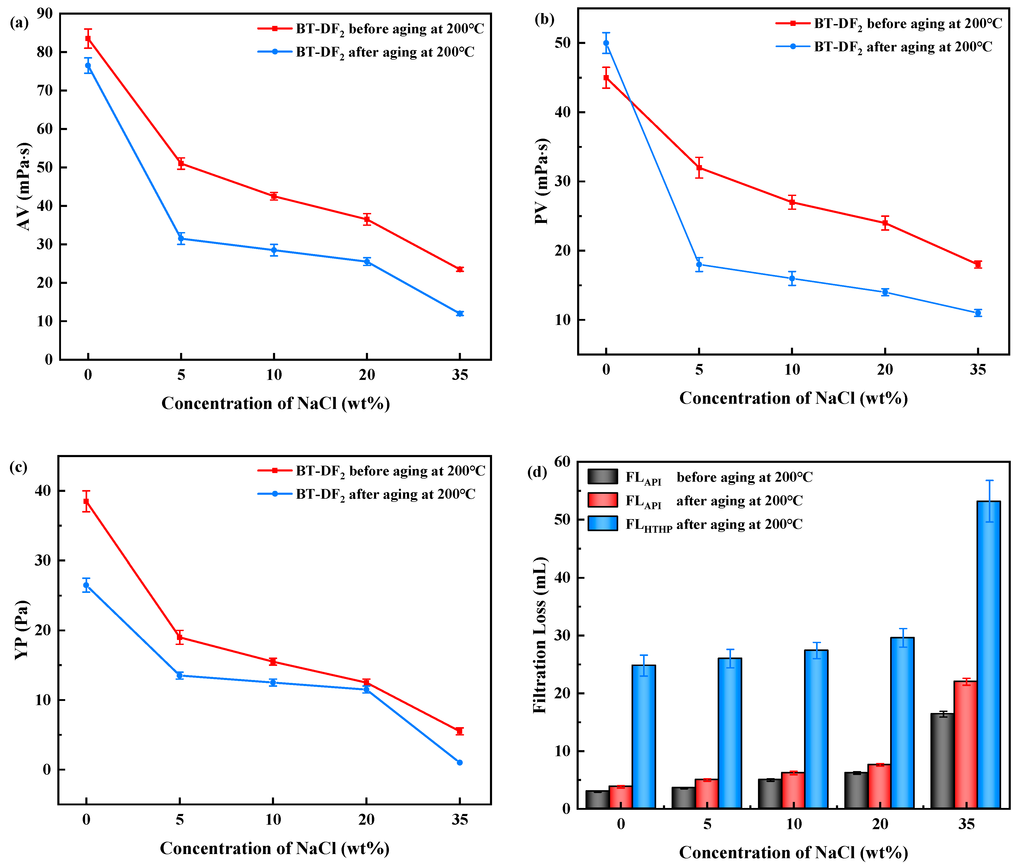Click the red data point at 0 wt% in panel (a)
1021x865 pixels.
coord(88,38)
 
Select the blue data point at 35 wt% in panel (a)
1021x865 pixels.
coord(460,313)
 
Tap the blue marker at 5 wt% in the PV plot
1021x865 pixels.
coord(699,264)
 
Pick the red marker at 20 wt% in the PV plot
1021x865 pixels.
coord(885,223)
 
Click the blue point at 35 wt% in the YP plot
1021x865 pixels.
coord(460,762)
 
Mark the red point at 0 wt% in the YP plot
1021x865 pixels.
coord(86,501)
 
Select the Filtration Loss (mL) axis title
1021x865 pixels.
coord(539,635)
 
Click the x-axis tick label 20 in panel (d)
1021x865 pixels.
coord(880,824)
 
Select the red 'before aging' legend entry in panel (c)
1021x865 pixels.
coord(371,471)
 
